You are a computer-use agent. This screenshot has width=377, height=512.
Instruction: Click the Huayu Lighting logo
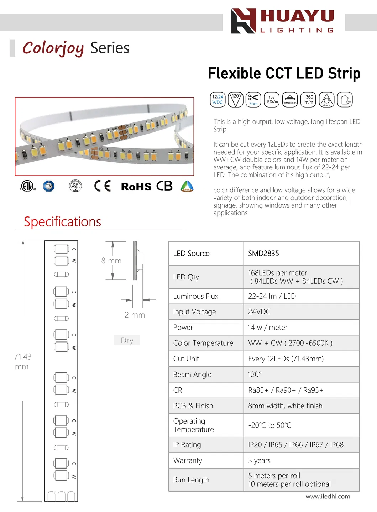point(282,21)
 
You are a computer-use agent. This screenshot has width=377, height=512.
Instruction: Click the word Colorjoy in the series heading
point(53,48)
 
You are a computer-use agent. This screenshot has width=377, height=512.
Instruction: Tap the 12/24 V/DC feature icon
point(218,100)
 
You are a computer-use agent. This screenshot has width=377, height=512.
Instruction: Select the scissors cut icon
point(253,99)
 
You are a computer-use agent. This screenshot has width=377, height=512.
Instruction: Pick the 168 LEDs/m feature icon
point(272,100)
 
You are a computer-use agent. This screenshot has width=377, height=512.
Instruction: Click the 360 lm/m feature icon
point(308,100)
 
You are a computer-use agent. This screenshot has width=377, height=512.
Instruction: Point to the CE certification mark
point(103,186)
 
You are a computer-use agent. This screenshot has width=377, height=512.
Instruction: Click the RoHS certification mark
point(136,187)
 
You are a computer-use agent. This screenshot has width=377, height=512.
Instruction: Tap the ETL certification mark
point(27,186)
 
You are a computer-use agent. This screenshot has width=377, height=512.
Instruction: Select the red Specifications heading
point(62,222)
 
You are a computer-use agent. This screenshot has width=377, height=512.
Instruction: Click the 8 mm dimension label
point(111,261)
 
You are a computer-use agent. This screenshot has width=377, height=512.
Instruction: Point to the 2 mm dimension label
point(135,315)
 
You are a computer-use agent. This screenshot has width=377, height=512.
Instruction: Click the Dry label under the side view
point(127,340)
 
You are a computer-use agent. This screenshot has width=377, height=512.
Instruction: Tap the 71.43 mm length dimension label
point(22,361)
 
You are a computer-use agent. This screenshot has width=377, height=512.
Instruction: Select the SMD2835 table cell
point(263,254)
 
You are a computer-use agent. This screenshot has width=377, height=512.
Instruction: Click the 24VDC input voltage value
point(259,312)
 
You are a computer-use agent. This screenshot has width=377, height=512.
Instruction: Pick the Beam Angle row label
point(192,375)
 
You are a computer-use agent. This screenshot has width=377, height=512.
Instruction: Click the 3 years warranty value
point(259,460)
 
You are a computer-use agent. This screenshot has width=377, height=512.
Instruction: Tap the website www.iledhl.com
point(328,496)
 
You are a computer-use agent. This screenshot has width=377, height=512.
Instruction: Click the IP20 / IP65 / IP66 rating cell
point(295,445)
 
